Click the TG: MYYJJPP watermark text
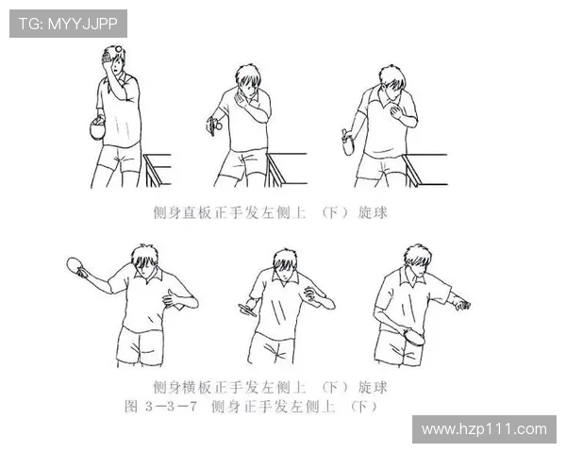tap(68, 24)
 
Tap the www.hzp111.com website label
tap(484, 429)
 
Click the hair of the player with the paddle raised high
tap(144, 255)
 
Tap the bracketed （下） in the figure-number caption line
tap(363, 407)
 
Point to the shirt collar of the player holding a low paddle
tap(412, 275)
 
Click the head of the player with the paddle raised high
tap(144, 261)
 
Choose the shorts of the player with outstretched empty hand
tap(394, 346)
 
